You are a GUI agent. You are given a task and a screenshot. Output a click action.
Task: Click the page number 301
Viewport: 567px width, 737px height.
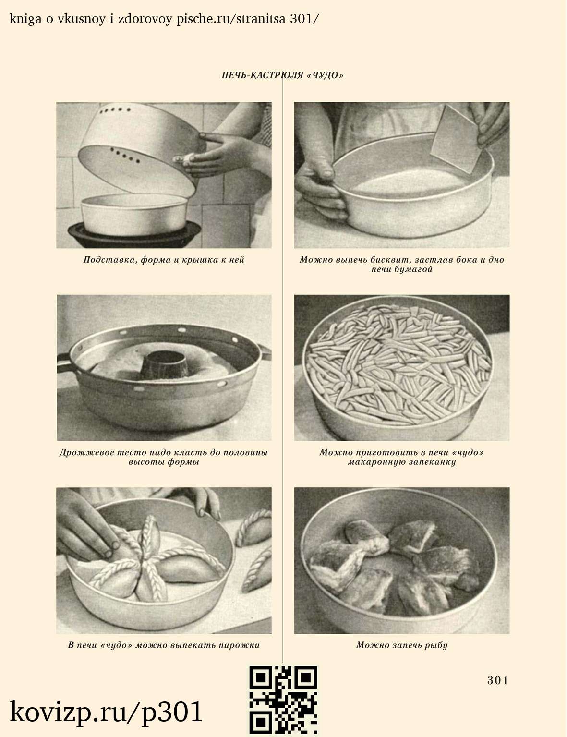click(x=497, y=680)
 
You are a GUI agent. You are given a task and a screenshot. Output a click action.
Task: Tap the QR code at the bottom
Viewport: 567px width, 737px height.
click(x=283, y=700)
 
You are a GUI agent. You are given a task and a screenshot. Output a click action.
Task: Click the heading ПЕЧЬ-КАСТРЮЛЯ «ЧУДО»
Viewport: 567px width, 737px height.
click(x=282, y=75)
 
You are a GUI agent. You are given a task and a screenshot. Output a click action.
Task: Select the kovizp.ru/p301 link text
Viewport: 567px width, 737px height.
click(x=106, y=712)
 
